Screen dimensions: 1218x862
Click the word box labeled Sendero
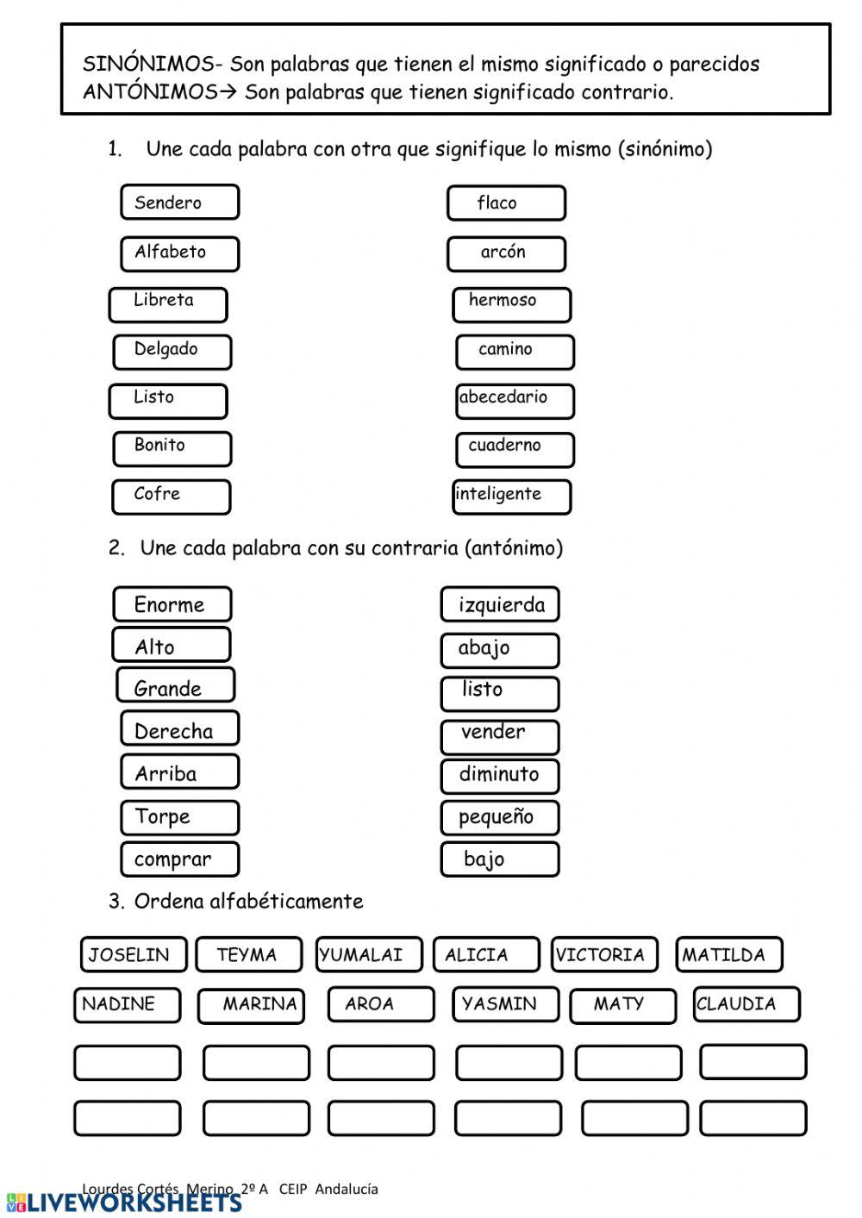click(179, 203)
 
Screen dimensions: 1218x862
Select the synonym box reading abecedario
click(515, 400)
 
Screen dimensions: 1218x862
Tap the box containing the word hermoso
click(511, 303)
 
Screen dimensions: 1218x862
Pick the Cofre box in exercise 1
click(171, 496)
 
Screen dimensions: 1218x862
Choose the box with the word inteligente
click(512, 496)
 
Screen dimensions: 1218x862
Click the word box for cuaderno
click(515, 448)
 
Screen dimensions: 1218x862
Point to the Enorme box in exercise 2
click(172, 604)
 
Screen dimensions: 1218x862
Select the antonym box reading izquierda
click(500, 604)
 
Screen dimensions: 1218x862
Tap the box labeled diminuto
click(500, 775)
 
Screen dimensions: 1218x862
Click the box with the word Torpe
click(179, 816)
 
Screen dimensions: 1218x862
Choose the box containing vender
click(500, 734)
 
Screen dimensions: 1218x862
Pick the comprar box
click(179, 859)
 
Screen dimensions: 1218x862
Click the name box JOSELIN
click(133, 954)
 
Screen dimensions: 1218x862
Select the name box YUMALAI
click(368, 954)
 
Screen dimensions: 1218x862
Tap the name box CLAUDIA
click(746, 1003)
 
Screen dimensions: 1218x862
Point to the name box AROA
click(380, 1004)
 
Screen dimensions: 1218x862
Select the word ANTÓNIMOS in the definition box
click(149, 92)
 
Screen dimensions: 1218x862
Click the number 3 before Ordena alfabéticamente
click(115, 902)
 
